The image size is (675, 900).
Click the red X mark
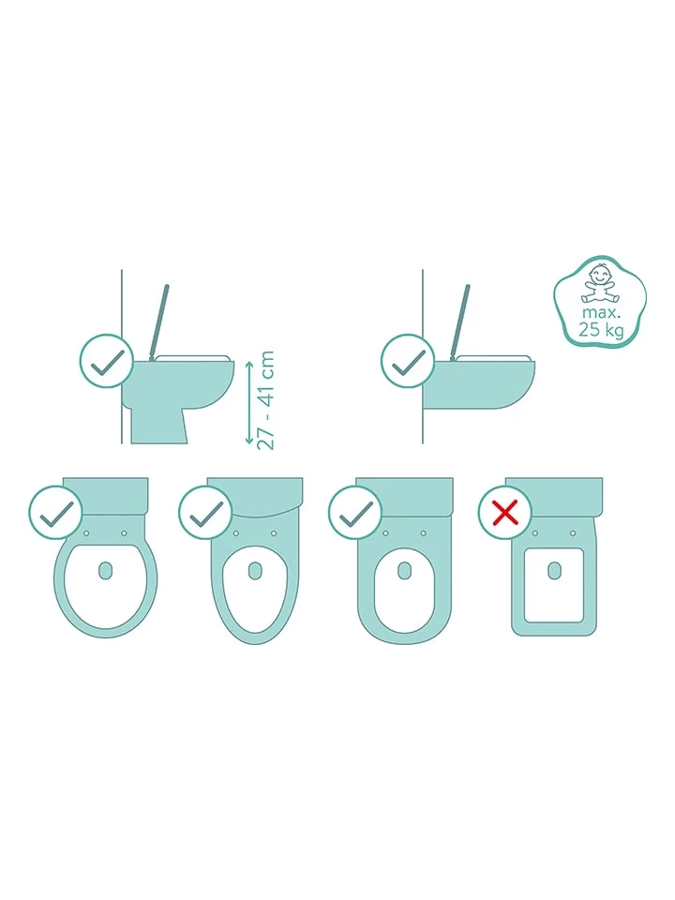[x=505, y=513]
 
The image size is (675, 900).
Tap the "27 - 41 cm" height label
[x=265, y=400]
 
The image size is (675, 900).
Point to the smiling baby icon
[x=600, y=283]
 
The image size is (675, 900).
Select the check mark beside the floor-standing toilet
[x=107, y=362]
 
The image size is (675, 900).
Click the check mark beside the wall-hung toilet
[x=409, y=362]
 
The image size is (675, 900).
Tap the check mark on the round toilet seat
[x=55, y=513]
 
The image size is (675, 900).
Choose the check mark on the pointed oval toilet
[x=205, y=513]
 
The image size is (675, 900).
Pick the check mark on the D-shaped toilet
[x=356, y=513]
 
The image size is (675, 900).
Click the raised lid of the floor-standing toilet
[x=159, y=321]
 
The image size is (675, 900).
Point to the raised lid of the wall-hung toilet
[x=461, y=321]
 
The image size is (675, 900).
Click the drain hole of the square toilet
[x=554, y=570]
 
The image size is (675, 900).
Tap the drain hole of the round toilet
[x=106, y=570]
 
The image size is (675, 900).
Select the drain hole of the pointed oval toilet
[x=255, y=570]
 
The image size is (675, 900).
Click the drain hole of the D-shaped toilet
[x=405, y=570]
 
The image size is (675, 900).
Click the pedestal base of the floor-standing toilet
[x=158, y=426]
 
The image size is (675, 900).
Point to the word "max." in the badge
[x=600, y=313]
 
